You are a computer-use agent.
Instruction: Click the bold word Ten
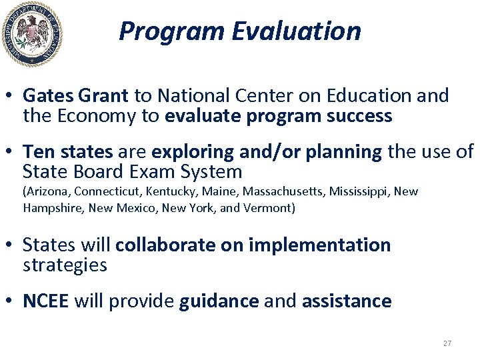click(37, 151)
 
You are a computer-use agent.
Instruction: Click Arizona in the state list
click(47, 192)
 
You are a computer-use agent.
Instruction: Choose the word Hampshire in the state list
click(49, 207)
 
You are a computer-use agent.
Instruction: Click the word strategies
click(65, 265)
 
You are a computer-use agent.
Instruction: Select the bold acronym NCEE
click(45, 301)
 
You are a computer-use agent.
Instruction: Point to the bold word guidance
click(219, 301)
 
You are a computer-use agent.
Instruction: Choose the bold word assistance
click(347, 301)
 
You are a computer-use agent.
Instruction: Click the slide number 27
click(447, 343)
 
